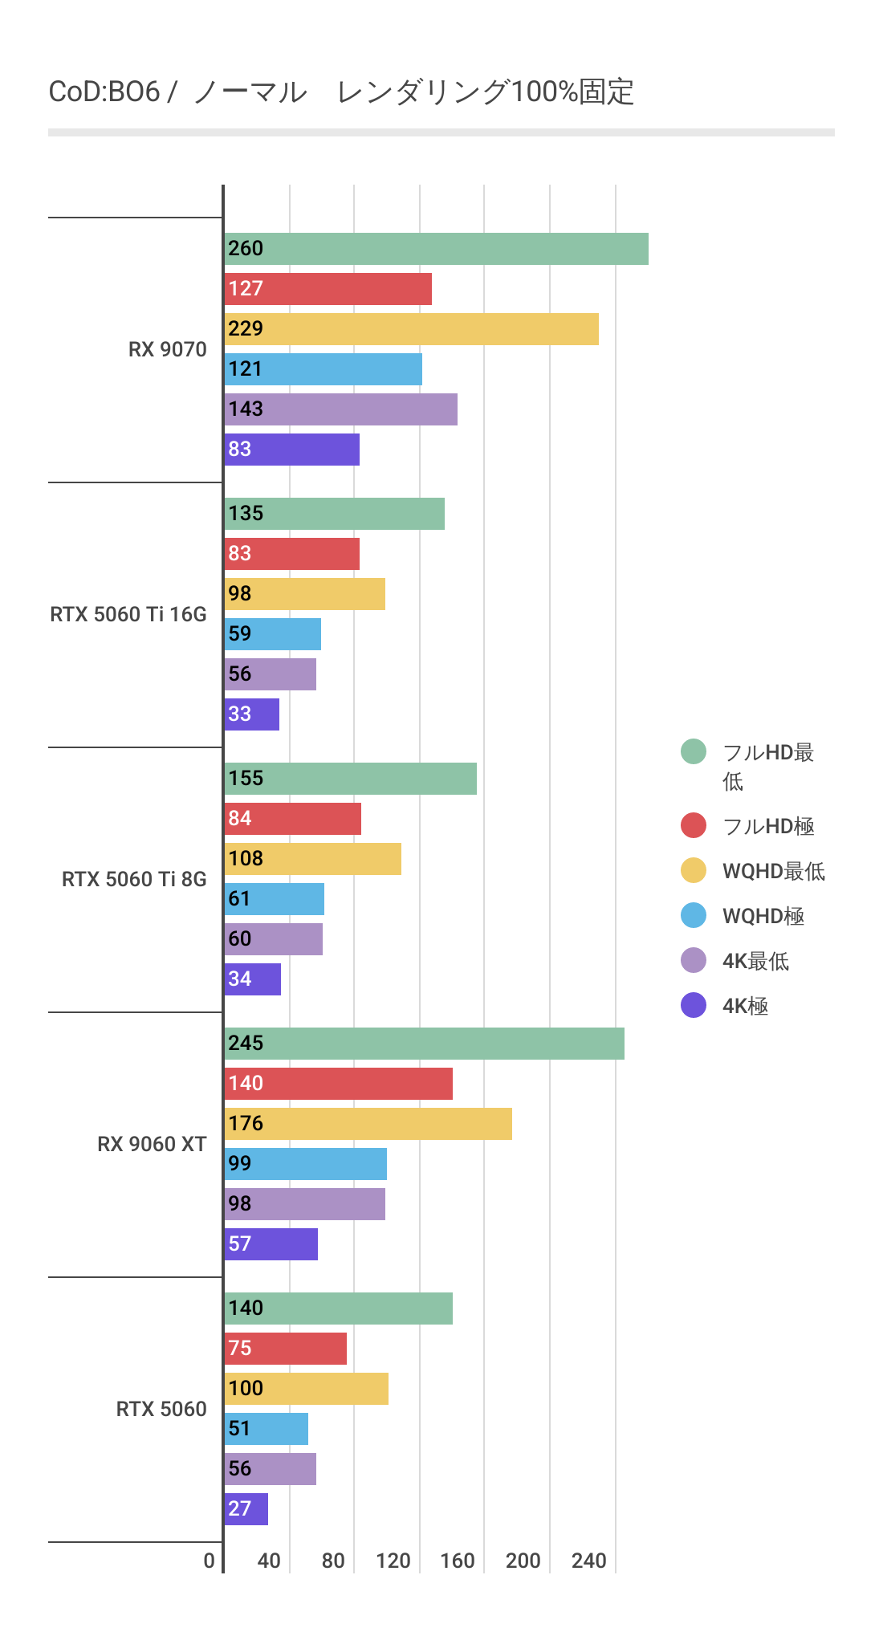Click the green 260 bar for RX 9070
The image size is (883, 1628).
[x=436, y=249]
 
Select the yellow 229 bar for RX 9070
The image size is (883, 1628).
[x=411, y=329]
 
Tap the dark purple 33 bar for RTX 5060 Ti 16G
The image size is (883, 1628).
[x=252, y=714]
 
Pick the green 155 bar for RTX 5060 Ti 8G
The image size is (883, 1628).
[x=350, y=779]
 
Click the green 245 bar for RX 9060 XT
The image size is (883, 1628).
[x=424, y=1044]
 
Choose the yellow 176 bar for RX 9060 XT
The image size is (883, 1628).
[x=368, y=1124]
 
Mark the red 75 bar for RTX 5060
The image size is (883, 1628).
[x=285, y=1349]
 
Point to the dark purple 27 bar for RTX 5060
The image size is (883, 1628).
[x=246, y=1509]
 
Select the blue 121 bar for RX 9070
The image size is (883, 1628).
[x=323, y=369]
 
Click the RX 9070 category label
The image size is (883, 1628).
[x=167, y=350]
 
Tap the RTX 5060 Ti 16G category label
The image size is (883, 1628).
[x=128, y=615]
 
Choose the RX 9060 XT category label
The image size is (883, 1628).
[x=152, y=1145]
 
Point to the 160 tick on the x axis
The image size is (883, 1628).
[x=458, y=1561]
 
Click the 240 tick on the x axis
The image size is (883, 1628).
[x=588, y=1561]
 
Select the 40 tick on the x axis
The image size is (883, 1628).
[x=269, y=1561]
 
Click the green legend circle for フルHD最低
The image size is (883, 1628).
[x=694, y=752]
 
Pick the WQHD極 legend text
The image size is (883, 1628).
[x=763, y=916]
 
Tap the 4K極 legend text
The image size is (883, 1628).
[x=745, y=1006]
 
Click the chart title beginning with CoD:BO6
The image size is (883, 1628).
[x=341, y=92]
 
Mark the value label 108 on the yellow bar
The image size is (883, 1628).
[x=246, y=859]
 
